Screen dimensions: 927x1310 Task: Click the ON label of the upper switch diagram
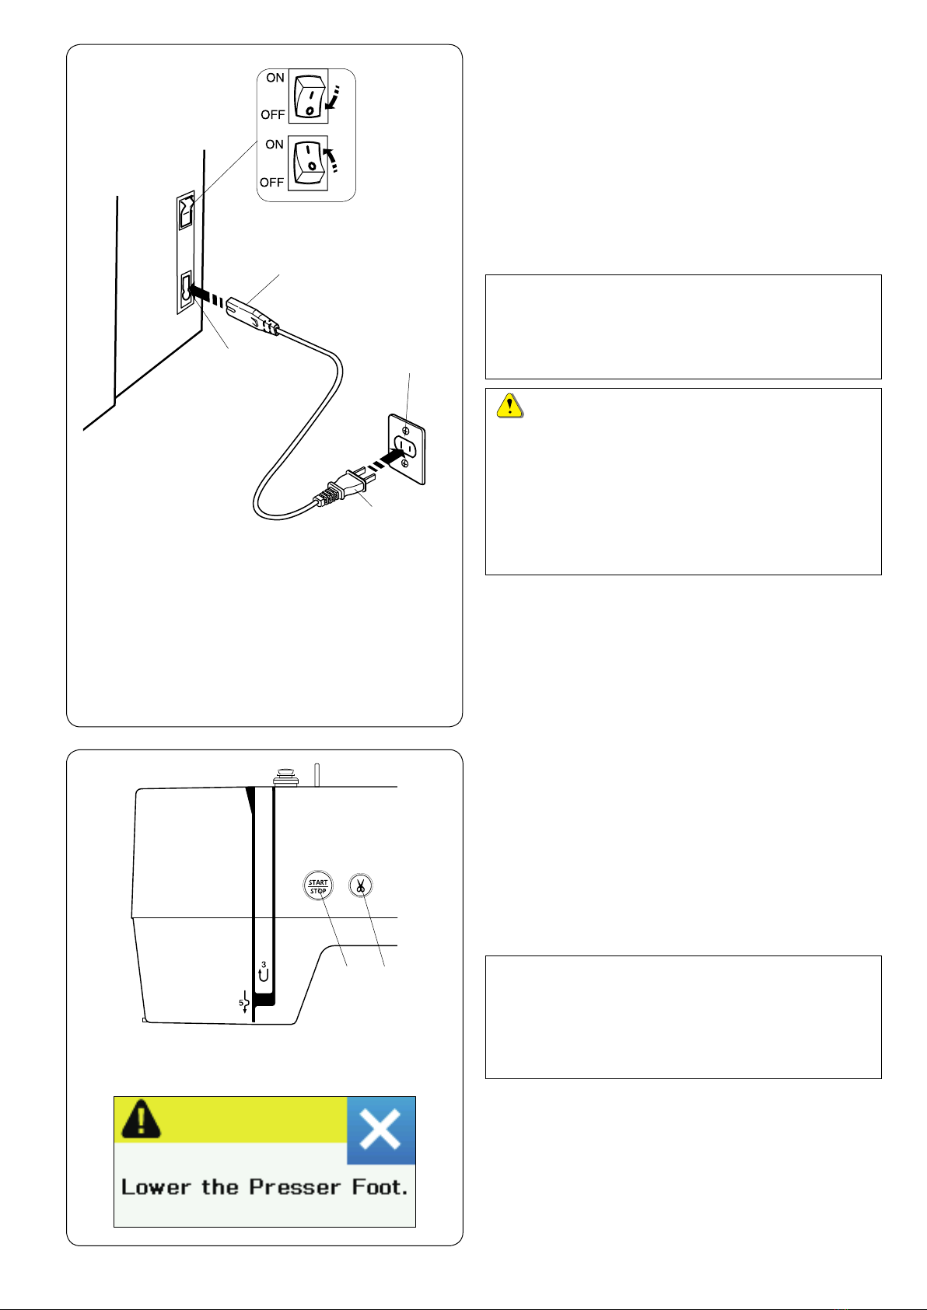(275, 78)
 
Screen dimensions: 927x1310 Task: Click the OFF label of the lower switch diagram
(271, 183)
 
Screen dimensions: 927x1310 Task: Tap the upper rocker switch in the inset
(308, 96)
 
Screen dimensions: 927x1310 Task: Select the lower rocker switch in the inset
(308, 163)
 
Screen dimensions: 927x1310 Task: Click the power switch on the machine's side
(187, 211)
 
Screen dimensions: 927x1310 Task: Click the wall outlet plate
(407, 449)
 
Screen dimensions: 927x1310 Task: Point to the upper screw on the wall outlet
(405, 431)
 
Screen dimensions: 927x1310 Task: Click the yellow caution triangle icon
(510, 405)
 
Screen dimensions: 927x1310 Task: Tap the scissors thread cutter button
(360, 885)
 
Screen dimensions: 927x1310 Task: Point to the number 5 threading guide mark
(244, 1002)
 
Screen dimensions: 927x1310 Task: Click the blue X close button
(381, 1130)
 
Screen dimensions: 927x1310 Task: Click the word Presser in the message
(295, 1187)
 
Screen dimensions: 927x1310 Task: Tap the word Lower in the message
(156, 1187)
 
